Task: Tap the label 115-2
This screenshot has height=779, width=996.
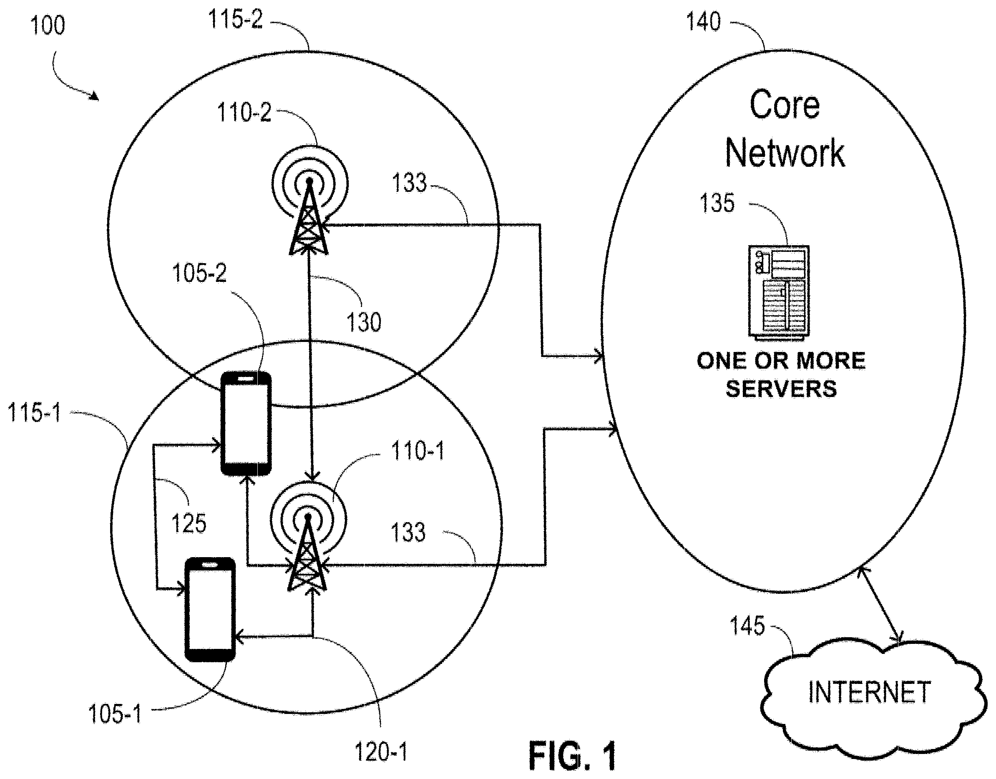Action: [235, 19]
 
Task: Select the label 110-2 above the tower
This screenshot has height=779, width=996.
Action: [244, 112]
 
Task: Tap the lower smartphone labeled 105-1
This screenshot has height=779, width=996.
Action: [210, 609]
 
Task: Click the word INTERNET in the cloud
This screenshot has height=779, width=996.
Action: [869, 692]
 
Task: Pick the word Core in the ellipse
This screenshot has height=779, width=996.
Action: [785, 106]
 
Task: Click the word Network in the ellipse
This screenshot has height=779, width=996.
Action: [785, 153]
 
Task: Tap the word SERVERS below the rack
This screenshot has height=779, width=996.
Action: [781, 389]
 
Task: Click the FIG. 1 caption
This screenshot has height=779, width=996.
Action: [573, 756]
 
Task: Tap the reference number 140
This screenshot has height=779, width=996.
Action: [704, 21]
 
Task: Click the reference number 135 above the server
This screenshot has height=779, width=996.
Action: [717, 203]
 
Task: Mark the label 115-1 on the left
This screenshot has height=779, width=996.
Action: [34, 414]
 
